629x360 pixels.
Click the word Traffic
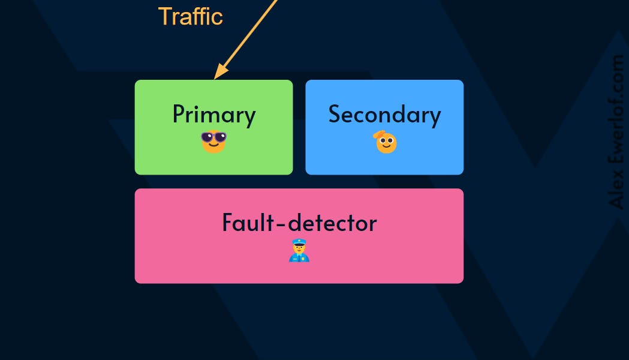[x=191, y=16]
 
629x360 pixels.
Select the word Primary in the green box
[x=214, y=115]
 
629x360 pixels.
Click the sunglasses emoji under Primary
[x=213, y=142]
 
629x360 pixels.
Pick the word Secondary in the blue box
[x=384, y=115]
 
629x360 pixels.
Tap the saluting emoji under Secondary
[x=386, y=143]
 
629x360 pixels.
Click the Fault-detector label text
[x=299, y=223]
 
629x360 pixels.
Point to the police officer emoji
[x=299, y=251]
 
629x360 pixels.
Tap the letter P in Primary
[x=178, y=114]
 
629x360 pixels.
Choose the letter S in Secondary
[x=335, y=114]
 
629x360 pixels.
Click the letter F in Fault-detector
[x=227, y=223]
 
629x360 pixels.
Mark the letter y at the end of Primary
[x=250, y=118]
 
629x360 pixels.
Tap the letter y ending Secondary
[x=435, y=118]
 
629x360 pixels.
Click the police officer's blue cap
[x=299, y=243]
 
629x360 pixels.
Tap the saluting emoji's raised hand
[x=379, y=137]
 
